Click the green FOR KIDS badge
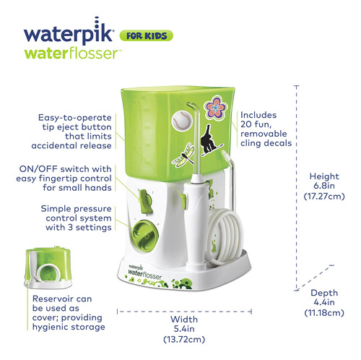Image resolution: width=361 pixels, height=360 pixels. point(147,35)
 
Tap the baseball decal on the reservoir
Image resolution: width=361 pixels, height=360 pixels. point(182,120)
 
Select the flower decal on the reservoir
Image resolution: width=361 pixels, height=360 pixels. point(215,108)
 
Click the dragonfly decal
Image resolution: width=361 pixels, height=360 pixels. point(183,155)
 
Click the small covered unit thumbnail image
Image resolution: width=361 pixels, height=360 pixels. point(48,267)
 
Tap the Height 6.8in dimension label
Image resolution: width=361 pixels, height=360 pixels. point(324,186)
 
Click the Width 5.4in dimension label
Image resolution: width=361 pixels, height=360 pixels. point(184,329)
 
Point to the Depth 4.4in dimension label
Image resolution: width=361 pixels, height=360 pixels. point(324,303)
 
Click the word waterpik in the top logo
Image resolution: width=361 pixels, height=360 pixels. point(69,32)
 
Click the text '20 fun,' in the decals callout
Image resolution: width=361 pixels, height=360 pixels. point(256,124)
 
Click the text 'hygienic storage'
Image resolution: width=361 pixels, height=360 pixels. point(69,327)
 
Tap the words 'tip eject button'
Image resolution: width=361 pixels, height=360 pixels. point(77,127)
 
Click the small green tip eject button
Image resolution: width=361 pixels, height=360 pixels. point(184,201)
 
